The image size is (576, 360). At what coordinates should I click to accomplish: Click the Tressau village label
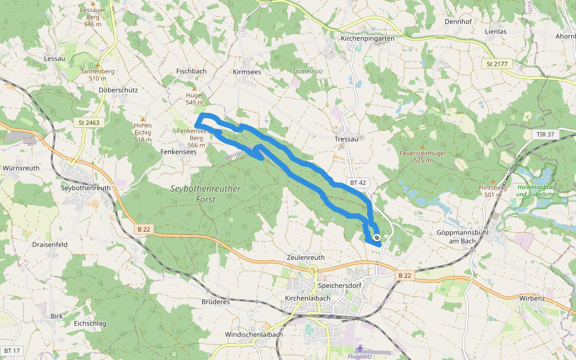coord(346,139)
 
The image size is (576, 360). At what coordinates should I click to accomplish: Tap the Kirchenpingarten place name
coord(367,38)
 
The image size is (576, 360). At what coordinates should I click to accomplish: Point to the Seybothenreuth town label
coord(86,188)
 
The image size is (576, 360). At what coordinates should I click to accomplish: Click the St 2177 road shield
coord(497,64)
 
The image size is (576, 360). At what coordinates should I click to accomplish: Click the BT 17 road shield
coord(11,350)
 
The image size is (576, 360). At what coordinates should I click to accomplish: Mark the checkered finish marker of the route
coord(376,238)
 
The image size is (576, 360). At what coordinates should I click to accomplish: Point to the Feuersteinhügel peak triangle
coord(422,146)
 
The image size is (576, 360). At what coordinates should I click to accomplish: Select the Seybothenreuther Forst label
coord(206,194)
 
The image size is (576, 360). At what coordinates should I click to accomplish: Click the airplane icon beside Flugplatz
coord(359,349)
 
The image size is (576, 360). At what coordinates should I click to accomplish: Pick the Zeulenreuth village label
coord(305,257)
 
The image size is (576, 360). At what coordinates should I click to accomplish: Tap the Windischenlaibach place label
coord(254,334)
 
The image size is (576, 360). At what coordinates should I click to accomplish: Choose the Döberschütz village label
coord(118,90)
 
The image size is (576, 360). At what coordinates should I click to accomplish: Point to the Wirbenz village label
coord(532,298)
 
